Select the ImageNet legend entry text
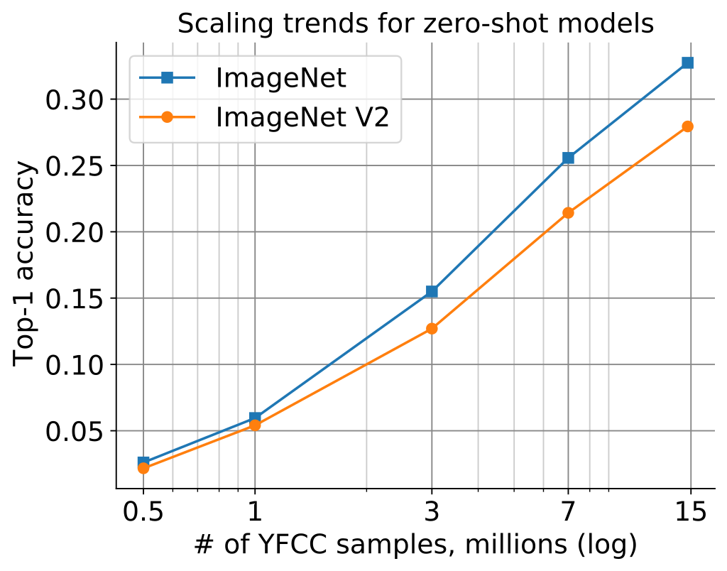[281, 77]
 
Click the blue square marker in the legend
[168, 78]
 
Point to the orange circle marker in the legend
[168, 117]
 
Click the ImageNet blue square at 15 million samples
[687, 62]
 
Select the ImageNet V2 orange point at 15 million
[687, 126]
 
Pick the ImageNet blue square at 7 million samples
[568, 158]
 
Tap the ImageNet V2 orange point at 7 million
[568, 212]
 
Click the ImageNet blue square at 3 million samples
[432, 291]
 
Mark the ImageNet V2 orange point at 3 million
[432, 329]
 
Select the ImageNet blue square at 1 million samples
[255, 418]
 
